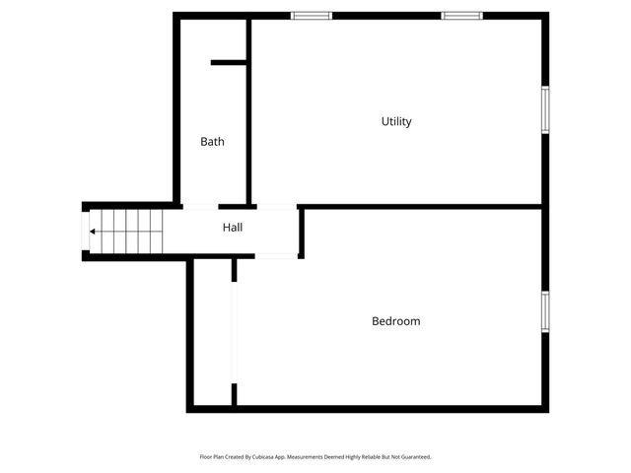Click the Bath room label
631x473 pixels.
[x=212, y=142]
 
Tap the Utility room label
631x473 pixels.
[x=396, y=122]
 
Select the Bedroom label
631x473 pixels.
[x=395, y=321]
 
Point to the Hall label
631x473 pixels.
[x=233, y=228]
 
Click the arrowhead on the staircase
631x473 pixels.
[x=93, y=232]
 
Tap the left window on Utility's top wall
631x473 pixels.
[x=312, y=16]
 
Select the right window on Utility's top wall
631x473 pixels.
[x=461, y=16]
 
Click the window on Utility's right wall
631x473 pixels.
[x=544, y=109]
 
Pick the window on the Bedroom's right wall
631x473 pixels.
[x=544, y=311]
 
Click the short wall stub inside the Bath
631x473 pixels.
[x=229, y=63]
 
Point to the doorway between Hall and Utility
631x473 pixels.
[x=276, y=206]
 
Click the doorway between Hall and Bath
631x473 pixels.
[x=200, y=206]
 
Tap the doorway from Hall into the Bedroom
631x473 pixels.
[x=277, y=256]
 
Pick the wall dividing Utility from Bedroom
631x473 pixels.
[x=421, y=207]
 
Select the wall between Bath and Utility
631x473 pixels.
[x=249, y=108]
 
